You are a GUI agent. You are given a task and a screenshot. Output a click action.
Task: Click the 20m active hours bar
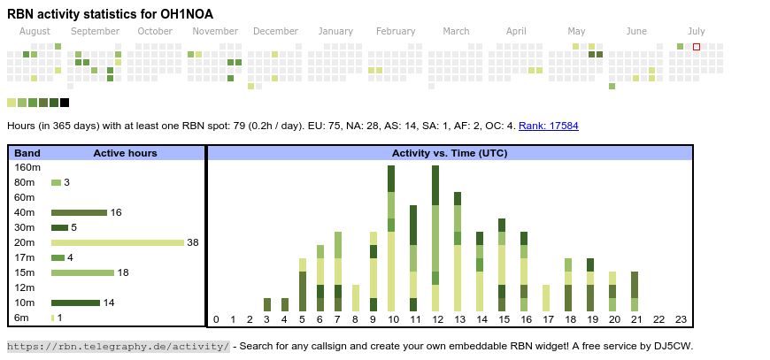click(x=117, y=242)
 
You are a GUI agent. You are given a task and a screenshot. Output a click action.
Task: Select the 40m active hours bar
click(x=79, y=212)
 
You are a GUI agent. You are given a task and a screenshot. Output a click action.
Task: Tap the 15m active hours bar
click(x=82, y=272)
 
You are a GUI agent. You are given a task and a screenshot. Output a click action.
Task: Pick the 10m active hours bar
click(x=75, y=303)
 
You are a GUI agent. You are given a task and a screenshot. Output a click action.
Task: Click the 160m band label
click(x=27, y=167)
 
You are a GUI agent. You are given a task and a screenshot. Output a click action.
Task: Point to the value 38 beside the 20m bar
click(x=193, y=242)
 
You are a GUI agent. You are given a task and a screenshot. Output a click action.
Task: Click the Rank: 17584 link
click(x=549, y=126)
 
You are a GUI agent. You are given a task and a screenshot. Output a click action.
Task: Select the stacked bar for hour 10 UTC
click(x=391, y=238)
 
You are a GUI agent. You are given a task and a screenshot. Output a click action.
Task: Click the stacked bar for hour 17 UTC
click(x=546, y=298)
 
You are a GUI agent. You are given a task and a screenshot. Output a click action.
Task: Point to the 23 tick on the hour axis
click(x=681, y=319)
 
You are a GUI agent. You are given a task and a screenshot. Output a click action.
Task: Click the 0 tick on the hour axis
click(x=216, y=319)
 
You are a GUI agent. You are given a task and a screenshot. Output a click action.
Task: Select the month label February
click(x=396, y=31)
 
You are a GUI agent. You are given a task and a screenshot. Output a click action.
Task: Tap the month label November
click(x=215, y=31)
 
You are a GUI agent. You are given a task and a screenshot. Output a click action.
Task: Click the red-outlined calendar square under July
click(x=697, y=46)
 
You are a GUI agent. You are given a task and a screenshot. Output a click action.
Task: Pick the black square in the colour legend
click(x=65, y=103)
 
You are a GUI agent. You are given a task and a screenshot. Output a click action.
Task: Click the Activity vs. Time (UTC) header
click(x=450, y=153)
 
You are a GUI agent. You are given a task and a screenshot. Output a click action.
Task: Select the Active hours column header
click(x=125, y=153)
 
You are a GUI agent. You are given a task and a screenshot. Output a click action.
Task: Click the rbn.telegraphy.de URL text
click(x=118, y=346)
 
